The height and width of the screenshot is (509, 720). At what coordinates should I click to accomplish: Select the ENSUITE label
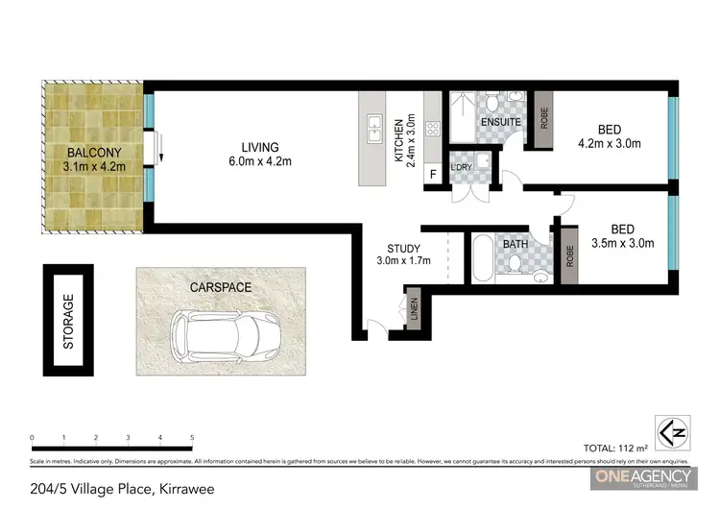click(x=500, y=123)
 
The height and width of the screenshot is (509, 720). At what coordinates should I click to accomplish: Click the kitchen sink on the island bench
click(x=371, y=123)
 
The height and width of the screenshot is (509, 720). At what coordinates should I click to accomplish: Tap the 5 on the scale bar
click(x=193, y=438)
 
